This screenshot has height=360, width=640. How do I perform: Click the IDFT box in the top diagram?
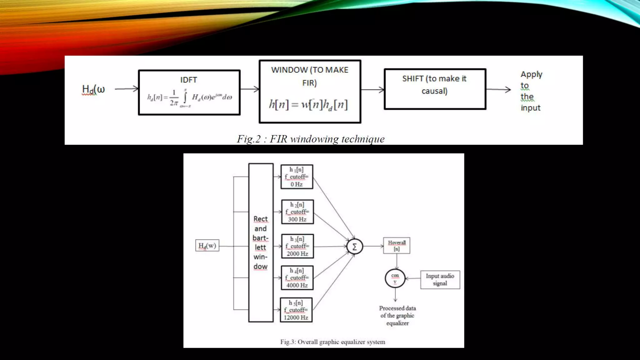tap(189, 92)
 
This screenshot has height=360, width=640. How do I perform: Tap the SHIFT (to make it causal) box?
tap(435, 89)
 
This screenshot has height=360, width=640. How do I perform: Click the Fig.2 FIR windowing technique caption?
tap(311, 139)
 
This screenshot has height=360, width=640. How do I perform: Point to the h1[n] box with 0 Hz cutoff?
tap(297, 177)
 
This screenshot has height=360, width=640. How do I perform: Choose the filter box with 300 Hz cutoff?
tap(297, 212)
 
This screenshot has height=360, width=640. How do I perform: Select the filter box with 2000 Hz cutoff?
tap(297, 246)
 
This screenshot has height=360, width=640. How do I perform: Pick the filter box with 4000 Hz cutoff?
tap(297, 278)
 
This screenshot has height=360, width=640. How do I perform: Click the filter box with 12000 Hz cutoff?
tap(296, 310)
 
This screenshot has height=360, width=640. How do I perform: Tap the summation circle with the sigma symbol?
tap(355, 247)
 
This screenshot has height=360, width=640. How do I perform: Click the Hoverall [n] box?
tap(397, 246)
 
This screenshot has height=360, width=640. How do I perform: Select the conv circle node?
tap(395, 278)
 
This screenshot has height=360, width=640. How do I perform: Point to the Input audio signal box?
tap(440, 280)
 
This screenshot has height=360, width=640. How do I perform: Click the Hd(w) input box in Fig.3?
tap(207, 246)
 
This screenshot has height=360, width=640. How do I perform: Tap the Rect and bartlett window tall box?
tap(261, 242)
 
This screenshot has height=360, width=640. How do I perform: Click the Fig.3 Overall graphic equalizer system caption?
tap(332, 342)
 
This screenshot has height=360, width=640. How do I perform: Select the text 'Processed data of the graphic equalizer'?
tap(397, 316)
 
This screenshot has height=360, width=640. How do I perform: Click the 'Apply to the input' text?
tap(531, 91)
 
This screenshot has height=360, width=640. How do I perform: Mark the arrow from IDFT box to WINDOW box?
tap(250, 89)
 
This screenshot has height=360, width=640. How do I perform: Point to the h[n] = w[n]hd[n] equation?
tap(308, 104)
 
